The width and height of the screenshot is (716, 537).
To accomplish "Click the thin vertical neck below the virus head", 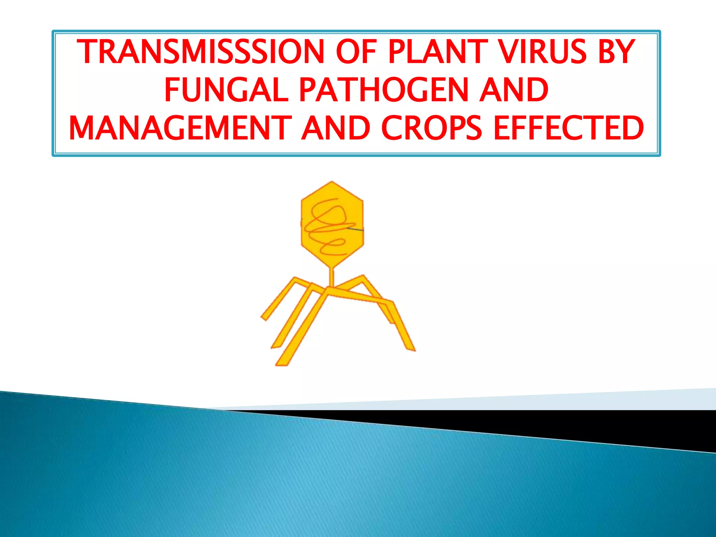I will coord(332,278).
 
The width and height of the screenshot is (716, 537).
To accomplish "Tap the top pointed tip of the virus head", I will coord(332,182).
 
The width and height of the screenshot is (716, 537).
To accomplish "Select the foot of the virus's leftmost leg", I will coord(265,317).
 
